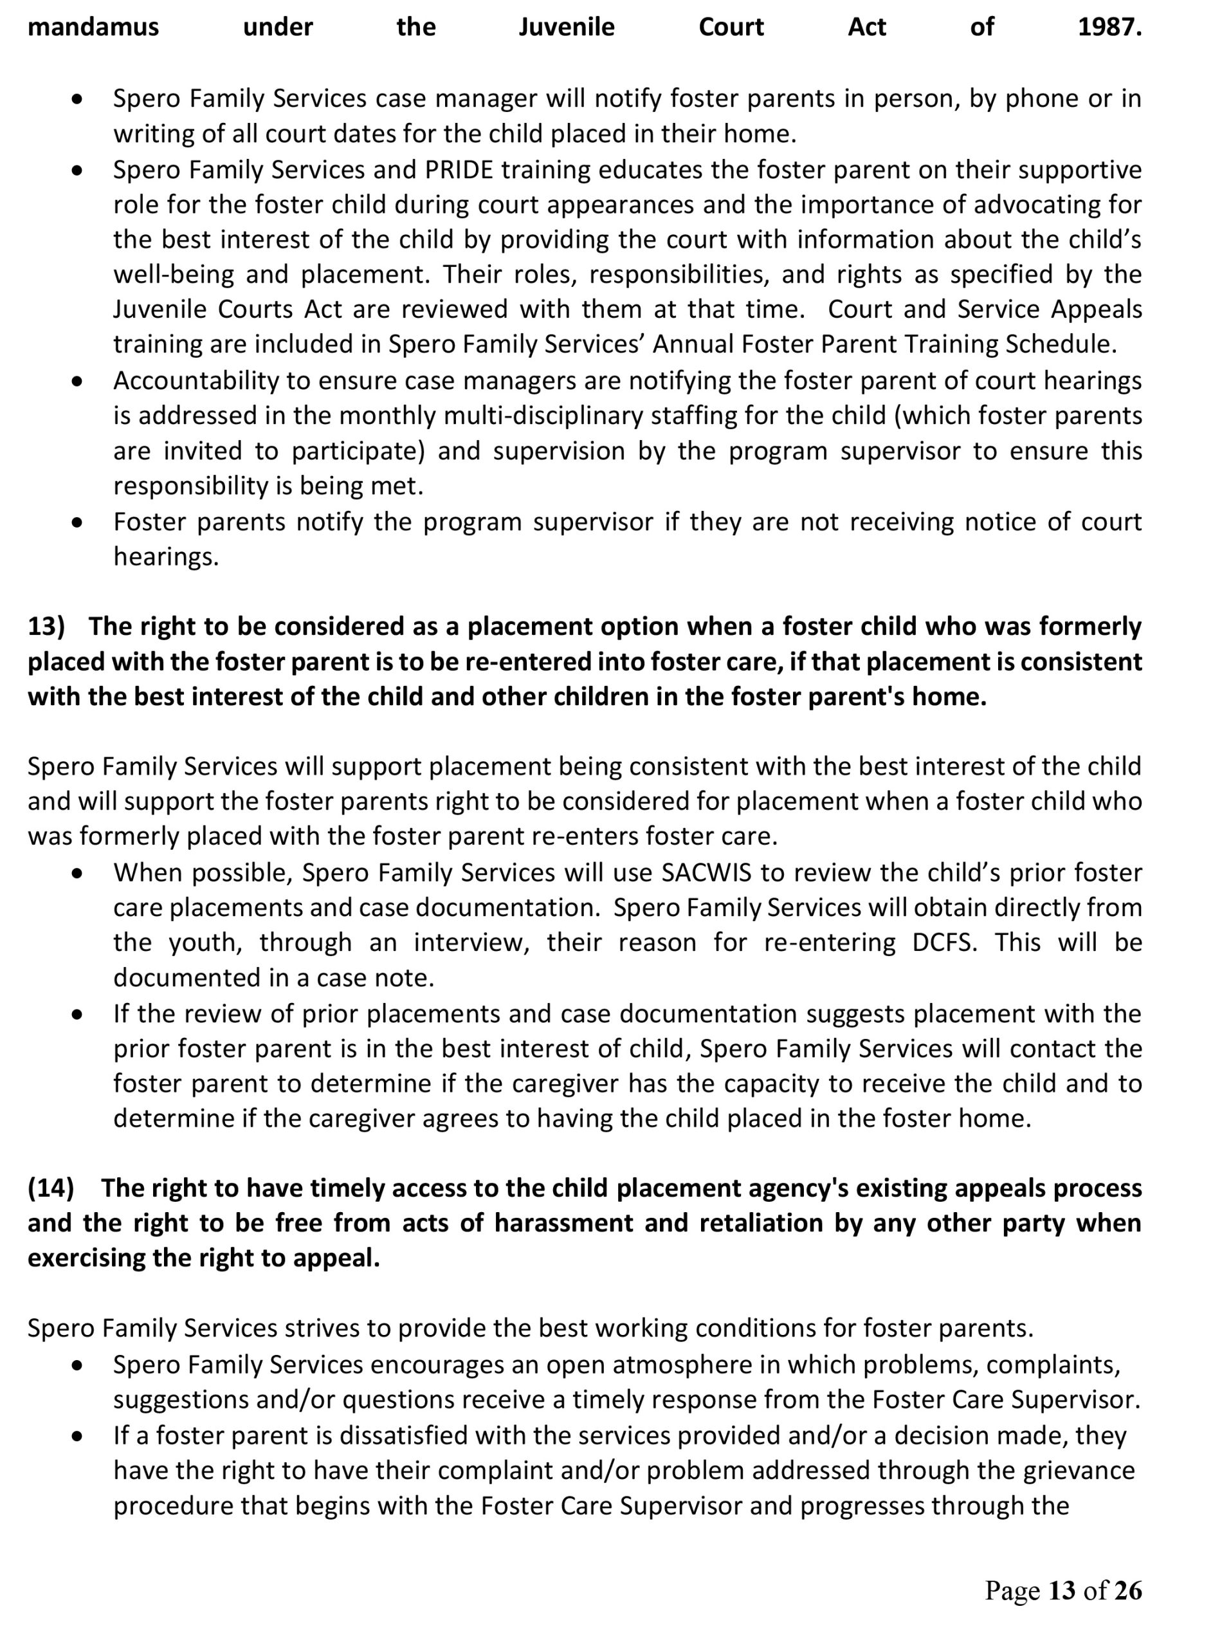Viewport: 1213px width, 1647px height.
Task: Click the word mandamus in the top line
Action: point(93,27)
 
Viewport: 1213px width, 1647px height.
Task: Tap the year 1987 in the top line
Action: point(1109,27)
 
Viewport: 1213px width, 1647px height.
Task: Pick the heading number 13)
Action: point(46,627)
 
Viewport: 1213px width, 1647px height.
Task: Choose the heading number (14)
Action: point(51,1188)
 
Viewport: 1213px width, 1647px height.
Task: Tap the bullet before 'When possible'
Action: point(77,874)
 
